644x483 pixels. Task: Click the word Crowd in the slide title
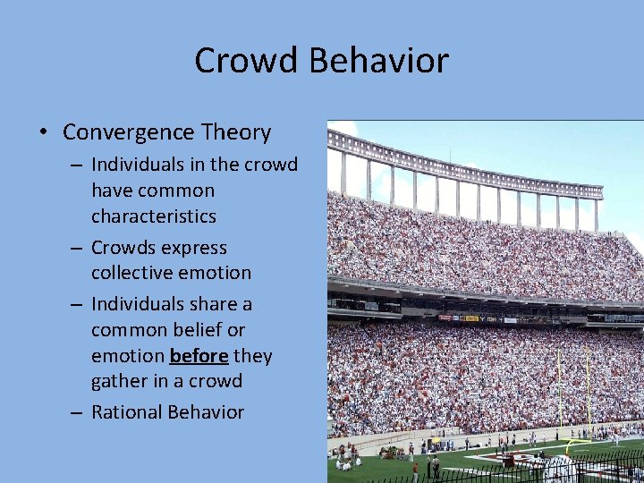pyautogui.click(x=248, y=61)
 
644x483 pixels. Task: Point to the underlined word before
pyautogui.click(x=199, y=356)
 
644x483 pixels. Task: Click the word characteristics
pyautogui.click(x=153, y=216)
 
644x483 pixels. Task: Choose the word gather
pyautogui.click(x=117, y=382)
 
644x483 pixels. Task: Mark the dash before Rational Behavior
pyautogui.click(x=79, y=412)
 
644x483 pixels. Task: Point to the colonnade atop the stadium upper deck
pyautogui.click(x=465, y=179)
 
